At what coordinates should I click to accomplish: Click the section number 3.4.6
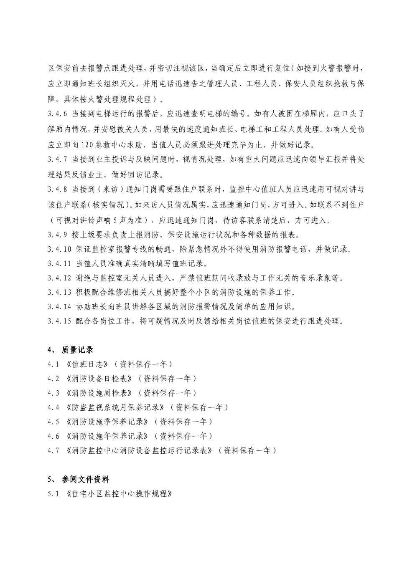point(57,114)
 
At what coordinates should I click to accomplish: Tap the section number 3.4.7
point(57,160)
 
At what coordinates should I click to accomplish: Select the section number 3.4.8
point(57,190)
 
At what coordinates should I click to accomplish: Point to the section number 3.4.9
point(57,235)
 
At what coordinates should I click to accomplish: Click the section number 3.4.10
point(59,250)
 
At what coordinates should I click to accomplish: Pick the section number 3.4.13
point(59,292)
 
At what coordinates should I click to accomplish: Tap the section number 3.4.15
point(59,321)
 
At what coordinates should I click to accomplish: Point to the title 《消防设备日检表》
point(101,379)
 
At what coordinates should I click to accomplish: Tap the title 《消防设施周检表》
point(101,393)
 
